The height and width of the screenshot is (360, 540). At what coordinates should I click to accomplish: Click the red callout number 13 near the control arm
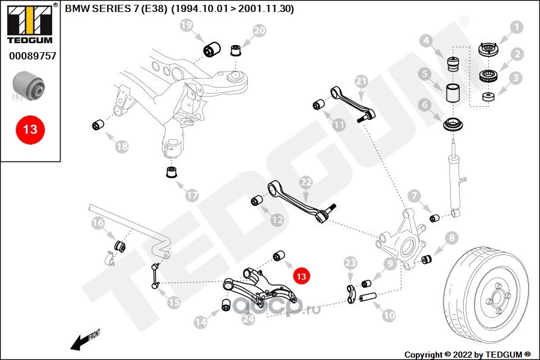pyautogui.click(x=301, y=275)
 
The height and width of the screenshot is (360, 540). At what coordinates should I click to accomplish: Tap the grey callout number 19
pyautogui.click(x=186, y=25)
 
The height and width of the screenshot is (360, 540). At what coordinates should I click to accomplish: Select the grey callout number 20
pyautogui.click(x=259, y=31)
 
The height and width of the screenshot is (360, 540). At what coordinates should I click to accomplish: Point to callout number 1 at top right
pyautogui.click(x=517, y=26)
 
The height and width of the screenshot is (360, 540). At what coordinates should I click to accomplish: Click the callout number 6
pyautogui.click(x=425, y=104)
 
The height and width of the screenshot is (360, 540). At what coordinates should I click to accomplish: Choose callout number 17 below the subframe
pyautogui.click(x=191, y=195)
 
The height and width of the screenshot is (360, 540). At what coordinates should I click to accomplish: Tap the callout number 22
pyautogui.click(x=306, y=182)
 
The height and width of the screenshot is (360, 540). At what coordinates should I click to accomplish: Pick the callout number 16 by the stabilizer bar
pyautogui.click(x=98, y=224)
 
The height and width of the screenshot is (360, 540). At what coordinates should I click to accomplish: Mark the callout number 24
pyautogui.click(x=248, y=320)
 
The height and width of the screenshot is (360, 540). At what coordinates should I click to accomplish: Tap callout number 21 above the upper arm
pyautogui.click(x=361, y=80)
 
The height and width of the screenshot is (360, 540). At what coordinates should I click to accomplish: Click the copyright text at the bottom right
pyautogui.click(x=468, y=354)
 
